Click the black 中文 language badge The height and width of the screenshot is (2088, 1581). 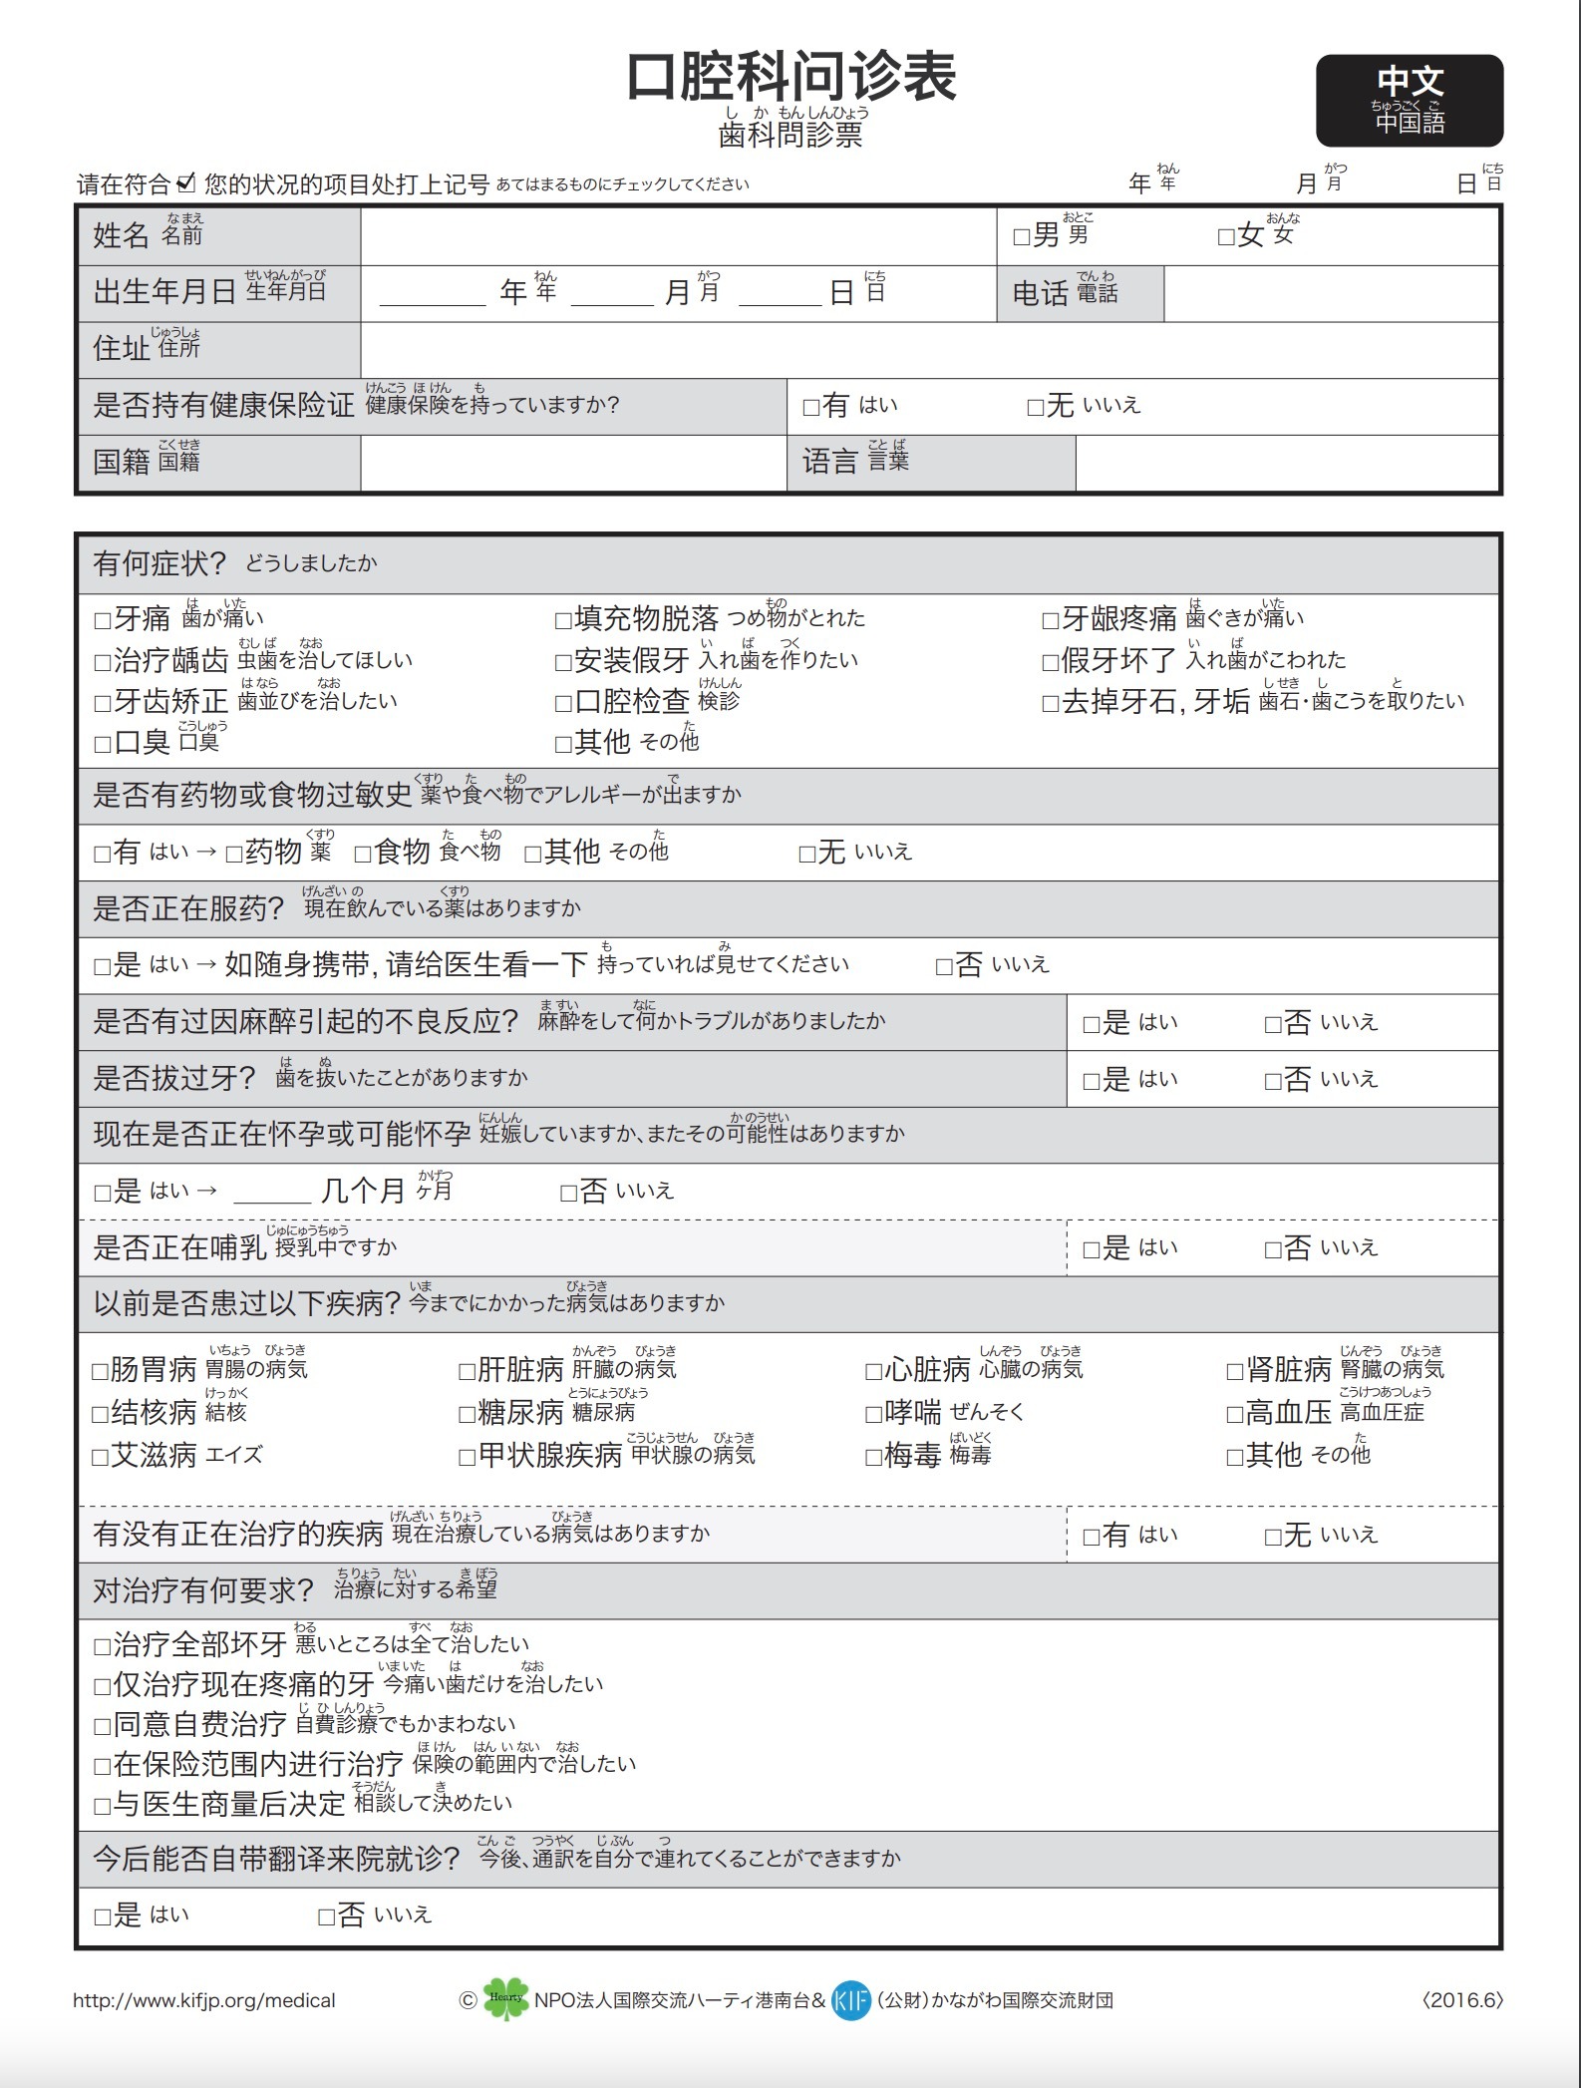[1409, 100]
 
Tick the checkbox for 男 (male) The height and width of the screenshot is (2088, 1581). [1021, 237]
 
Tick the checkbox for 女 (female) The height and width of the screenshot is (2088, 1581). [1226, 237]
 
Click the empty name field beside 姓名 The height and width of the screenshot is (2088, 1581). [678, 235]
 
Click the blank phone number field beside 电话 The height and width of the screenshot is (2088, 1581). [1331, 293]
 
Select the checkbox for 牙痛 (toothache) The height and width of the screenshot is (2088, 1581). [102, 621]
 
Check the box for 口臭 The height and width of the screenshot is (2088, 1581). [102, 744]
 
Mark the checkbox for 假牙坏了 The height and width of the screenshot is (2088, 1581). [1050, 662]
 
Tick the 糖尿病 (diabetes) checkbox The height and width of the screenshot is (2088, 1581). [467, 1414]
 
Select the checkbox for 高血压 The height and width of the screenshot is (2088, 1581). [1234, 1414]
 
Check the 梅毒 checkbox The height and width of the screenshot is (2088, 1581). [873, 1458]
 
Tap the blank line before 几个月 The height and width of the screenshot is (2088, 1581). [272, 1193]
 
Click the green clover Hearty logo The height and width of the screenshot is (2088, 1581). [505, 1998]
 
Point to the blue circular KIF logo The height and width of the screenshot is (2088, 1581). [851, 1999]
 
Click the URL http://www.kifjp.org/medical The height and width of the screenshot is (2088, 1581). [203, 2000]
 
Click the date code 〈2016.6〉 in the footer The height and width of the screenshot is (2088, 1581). [1461, 2000]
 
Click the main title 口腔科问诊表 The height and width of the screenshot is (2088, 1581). [791, 77]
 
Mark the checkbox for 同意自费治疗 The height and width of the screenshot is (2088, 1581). [102, 1726]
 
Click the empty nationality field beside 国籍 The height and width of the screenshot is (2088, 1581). [573, 463]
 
